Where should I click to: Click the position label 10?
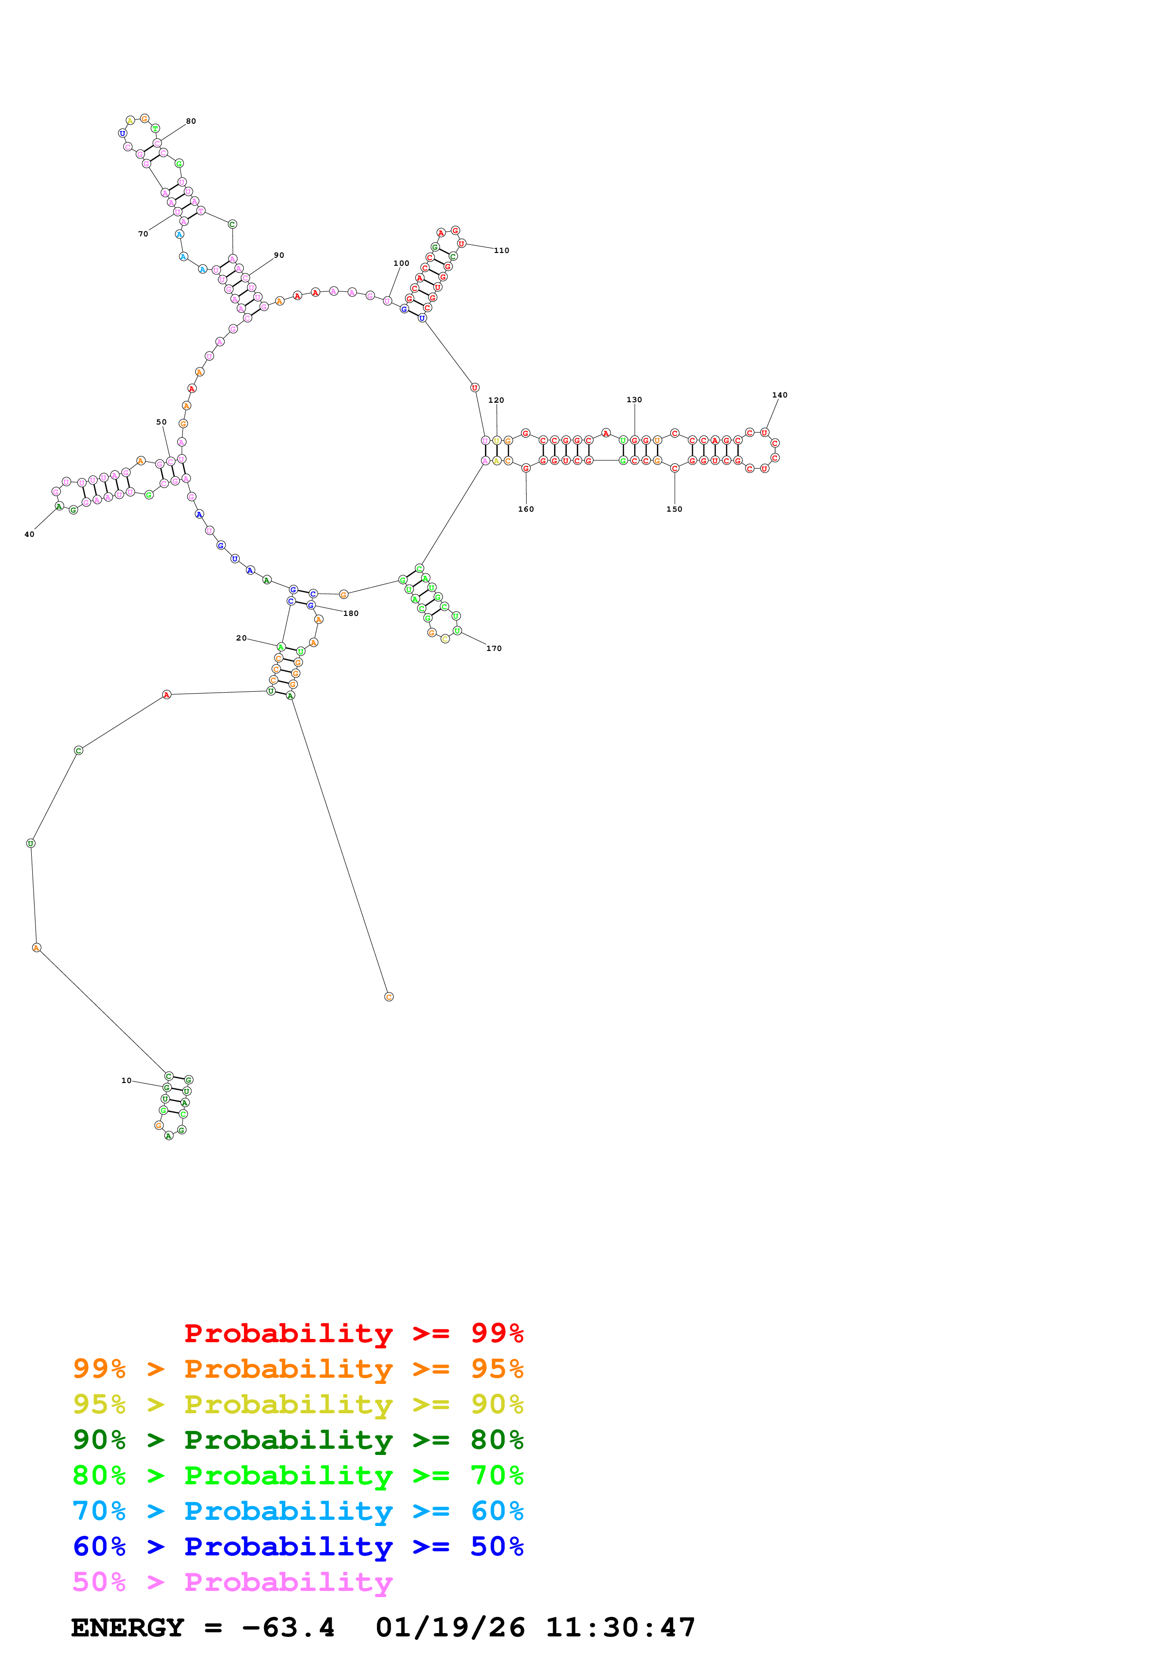pos(126,1081)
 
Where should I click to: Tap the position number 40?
pos(29,534)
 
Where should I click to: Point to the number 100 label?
pos(401,263)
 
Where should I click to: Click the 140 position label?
pos(779,395)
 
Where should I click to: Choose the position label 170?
pos(494,649)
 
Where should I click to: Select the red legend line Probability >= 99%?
pos(353,1333)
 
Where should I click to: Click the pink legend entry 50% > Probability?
pos(232,1582)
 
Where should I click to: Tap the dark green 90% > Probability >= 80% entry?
pos(298,1440)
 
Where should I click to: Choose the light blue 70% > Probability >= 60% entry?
pos(298,1511)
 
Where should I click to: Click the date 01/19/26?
pos(450,1628)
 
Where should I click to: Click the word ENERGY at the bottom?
pos(128,1628)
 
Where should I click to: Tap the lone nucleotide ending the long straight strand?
pos(389,997)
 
